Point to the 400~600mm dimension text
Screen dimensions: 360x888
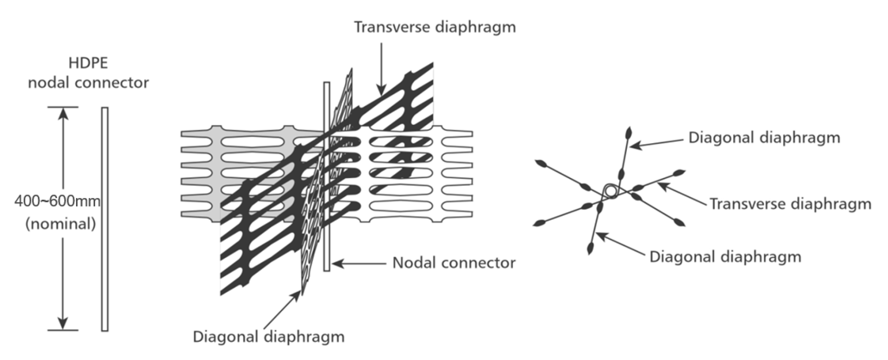point(57,201)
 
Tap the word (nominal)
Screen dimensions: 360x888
point(61,224)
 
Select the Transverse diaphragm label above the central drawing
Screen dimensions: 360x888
point(435,27)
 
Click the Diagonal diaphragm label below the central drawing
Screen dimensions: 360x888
point(269,336)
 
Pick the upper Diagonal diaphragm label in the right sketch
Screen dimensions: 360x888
point(764,138)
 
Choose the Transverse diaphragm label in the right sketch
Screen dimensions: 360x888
point(790,204)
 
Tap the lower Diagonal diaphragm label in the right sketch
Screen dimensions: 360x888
point(725,256)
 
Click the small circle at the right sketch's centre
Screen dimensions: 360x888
point(610,190)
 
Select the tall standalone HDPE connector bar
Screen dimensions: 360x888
point(105,219)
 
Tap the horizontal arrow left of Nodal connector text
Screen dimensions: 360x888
point(359,263)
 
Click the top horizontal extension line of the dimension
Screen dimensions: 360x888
point(62,107)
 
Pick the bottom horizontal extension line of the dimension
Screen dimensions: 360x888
point(62,330)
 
